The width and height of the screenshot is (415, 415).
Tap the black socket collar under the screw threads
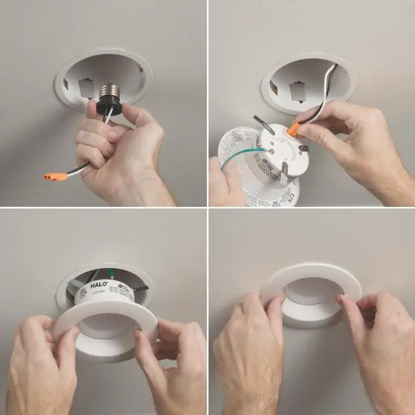click(x=110, y=105)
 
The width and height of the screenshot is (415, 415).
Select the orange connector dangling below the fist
click(x=56, y=176)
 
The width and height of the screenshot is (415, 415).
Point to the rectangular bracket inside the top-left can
click(x=87, y=88)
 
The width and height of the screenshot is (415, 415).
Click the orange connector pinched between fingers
click(x=293, y=128)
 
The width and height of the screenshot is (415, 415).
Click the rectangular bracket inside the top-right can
click(x=298, y=91)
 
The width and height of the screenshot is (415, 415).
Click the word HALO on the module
click(x=99, y=285)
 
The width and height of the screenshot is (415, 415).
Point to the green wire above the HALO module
click(x=112, y=274)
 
